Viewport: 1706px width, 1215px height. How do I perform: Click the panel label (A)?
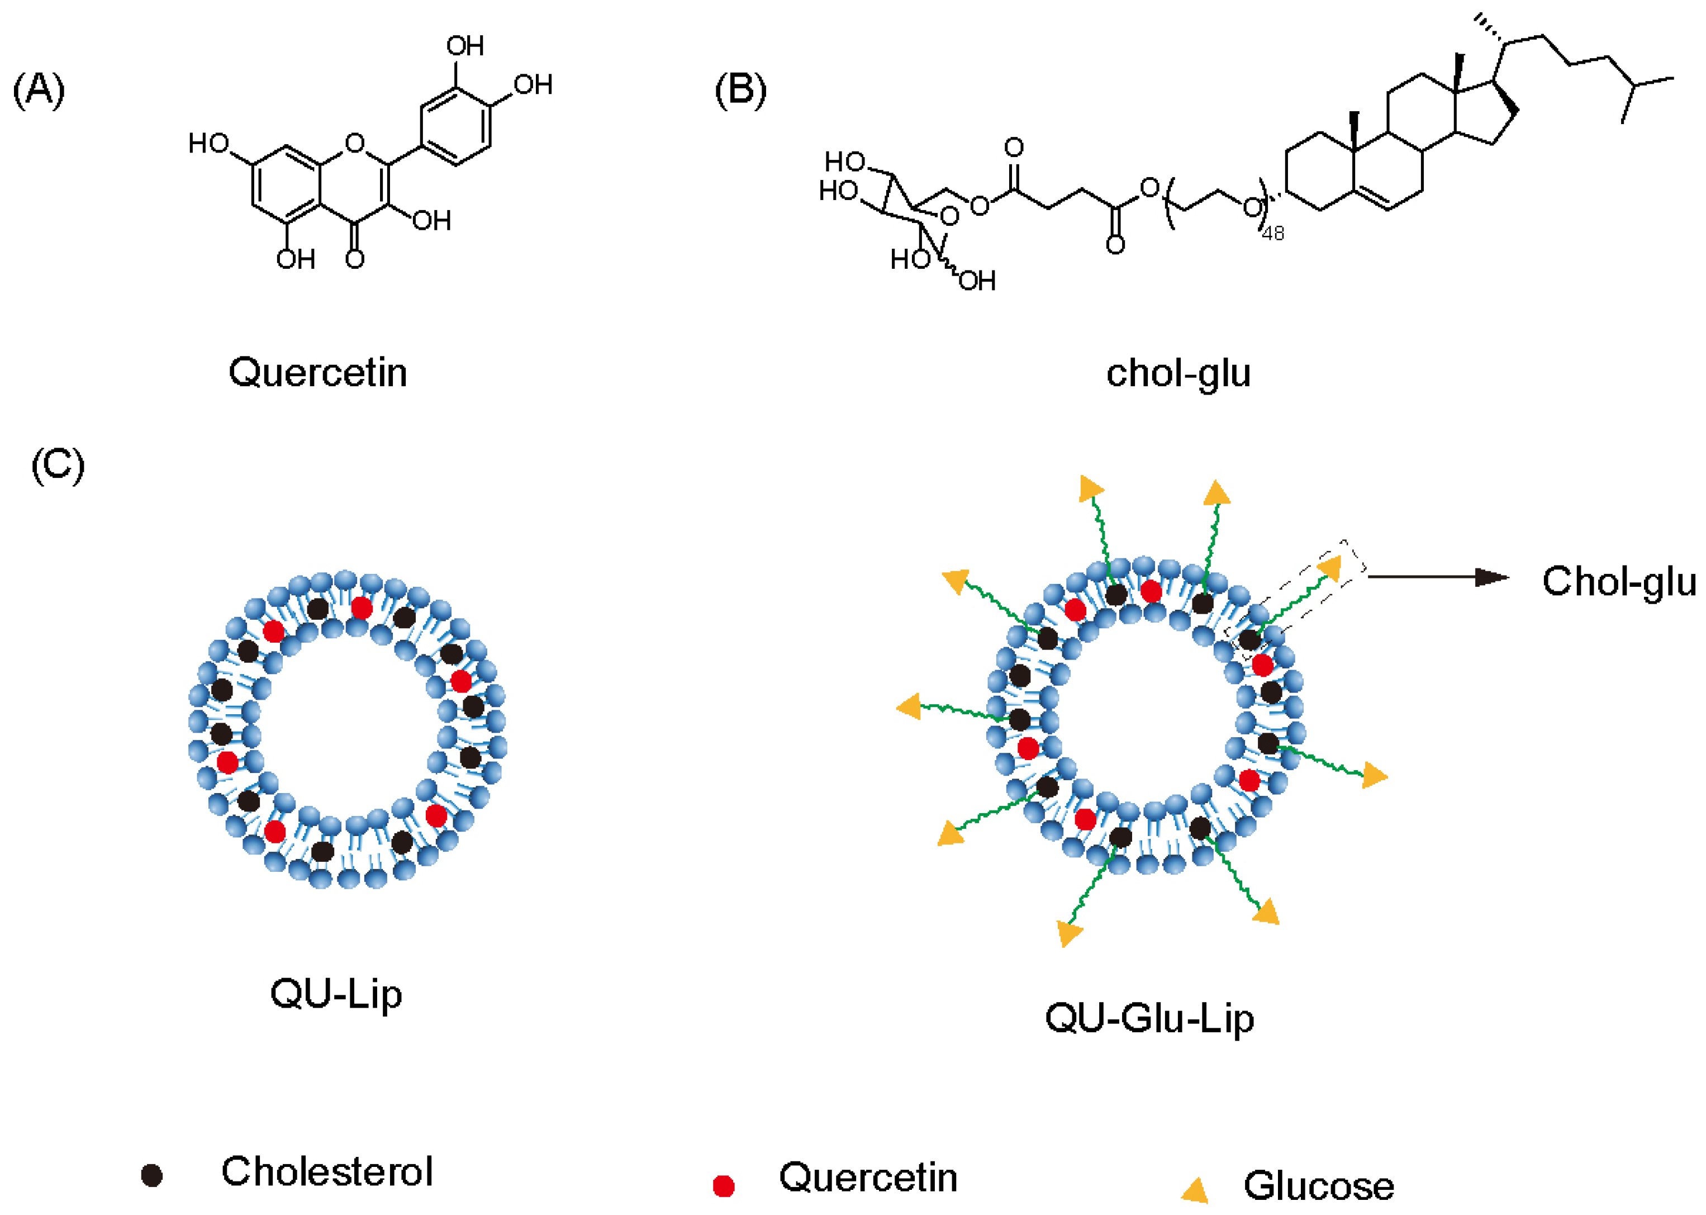pos(39,91)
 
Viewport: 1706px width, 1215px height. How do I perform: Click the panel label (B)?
pos(740,91)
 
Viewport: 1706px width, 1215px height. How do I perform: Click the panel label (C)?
pos(58,466)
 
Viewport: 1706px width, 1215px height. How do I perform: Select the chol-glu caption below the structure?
pos(1178,373)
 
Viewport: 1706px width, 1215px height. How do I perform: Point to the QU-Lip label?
pos(336,994)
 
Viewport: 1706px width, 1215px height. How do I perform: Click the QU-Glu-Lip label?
pos(1149,1018)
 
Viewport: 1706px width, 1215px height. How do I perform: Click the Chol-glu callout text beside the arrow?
pos(1619,581)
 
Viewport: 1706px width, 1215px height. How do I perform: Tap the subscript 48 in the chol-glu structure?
pos(1273,234)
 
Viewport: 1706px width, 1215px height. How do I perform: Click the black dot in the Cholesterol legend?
pos(152,1175)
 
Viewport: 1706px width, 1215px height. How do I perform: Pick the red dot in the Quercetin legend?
pos(723,1186)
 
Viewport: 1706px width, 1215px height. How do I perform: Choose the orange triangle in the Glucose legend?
pos(1196,1189)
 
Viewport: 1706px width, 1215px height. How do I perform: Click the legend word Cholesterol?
pos(327,1171)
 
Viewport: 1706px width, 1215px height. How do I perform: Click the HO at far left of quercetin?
pos(208,143)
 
